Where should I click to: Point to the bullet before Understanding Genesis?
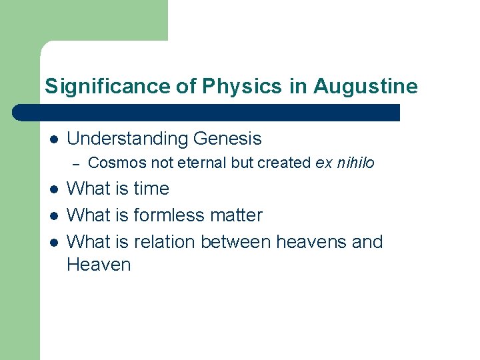53,139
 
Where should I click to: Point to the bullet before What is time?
53,189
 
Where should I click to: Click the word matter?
240,215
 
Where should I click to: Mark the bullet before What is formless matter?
53,216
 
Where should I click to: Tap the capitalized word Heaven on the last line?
99,265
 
